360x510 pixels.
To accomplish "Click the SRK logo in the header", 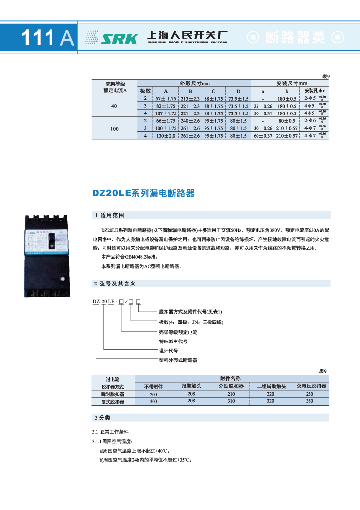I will [119, 38].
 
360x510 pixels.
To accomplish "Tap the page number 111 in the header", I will [39, 38].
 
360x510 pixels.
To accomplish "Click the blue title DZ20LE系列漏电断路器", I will [143, 193].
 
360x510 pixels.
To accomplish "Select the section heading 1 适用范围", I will [108, 216].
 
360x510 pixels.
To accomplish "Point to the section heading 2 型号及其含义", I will [114, 283].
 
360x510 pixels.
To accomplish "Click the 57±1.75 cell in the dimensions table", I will [166, 99].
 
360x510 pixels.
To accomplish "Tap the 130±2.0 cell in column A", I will [166, 135].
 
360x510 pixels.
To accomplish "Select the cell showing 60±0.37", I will [262, 135].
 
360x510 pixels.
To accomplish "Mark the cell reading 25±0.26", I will [262, 106].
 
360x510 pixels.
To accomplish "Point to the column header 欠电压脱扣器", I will [311, 386].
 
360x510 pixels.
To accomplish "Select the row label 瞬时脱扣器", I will [112, 394].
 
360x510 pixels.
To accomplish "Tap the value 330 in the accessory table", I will [309, 401].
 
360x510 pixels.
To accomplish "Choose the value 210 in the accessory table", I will [231, 394].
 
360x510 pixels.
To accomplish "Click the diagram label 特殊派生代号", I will [173, 341].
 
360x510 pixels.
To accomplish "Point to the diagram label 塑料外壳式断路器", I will [177, 360].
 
